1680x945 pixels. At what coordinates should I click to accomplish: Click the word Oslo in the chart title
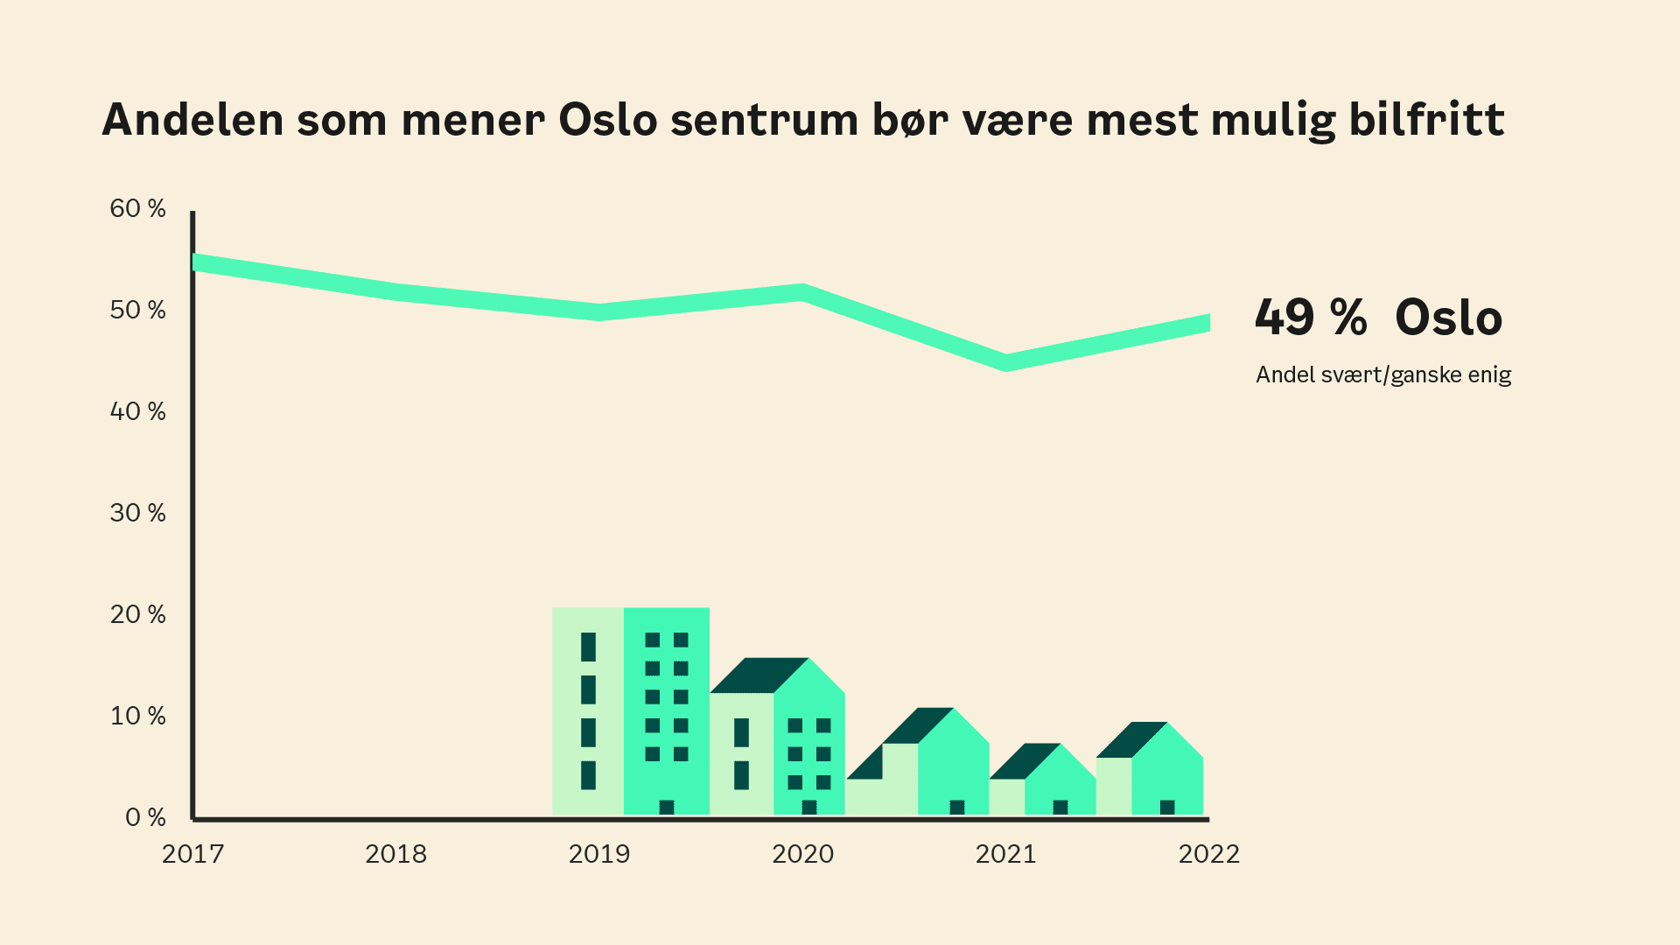(607, 120)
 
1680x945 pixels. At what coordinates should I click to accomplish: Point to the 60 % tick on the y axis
(137, 208)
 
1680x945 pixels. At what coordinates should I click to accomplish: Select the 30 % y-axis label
(137, 513)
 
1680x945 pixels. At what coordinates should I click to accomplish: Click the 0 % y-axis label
(145, 817)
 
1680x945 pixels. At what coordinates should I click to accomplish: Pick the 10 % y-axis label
(137, 716)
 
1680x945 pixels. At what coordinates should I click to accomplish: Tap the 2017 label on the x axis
(192, 854)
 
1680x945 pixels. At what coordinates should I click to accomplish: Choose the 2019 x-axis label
(599, 854)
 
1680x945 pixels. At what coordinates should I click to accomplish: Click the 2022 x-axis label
(1208, 854)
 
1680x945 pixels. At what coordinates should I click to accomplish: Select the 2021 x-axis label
(1005, 854)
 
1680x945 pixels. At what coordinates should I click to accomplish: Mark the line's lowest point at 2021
(1006, 362)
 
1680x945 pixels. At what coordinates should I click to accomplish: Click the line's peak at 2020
(802, 292)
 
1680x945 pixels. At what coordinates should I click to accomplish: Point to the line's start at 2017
(196, 262)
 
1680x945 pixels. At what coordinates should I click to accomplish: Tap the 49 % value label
(1310, 317)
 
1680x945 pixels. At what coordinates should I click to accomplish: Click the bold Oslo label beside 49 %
(1448, 317)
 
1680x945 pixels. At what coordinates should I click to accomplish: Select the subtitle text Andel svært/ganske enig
(1383, 374)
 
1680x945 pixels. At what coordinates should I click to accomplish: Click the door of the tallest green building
(667, 807)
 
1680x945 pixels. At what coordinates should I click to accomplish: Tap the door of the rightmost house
(1167, 807)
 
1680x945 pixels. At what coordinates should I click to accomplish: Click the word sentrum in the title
(764, 120)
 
